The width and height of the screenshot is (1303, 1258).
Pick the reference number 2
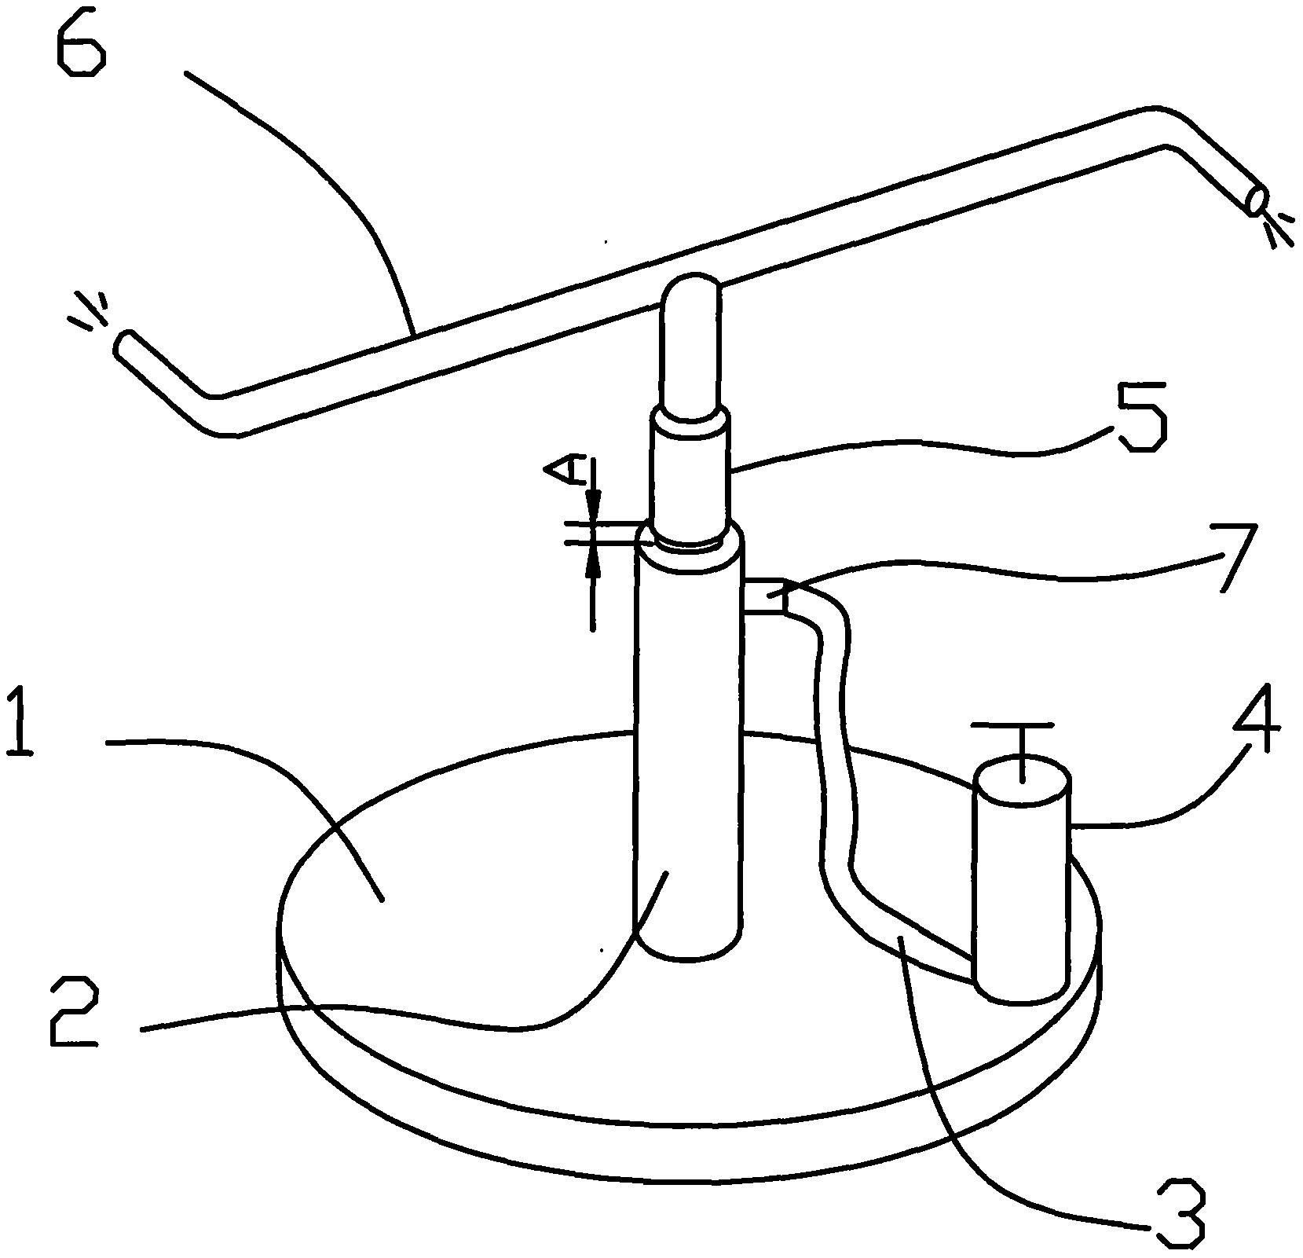click(74, 1013)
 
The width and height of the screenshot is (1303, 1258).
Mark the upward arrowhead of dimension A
click(593, 559)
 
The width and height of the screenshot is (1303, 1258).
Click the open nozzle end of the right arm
click(1257, 200)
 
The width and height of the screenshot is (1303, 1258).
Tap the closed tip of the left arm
click(123, 344)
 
